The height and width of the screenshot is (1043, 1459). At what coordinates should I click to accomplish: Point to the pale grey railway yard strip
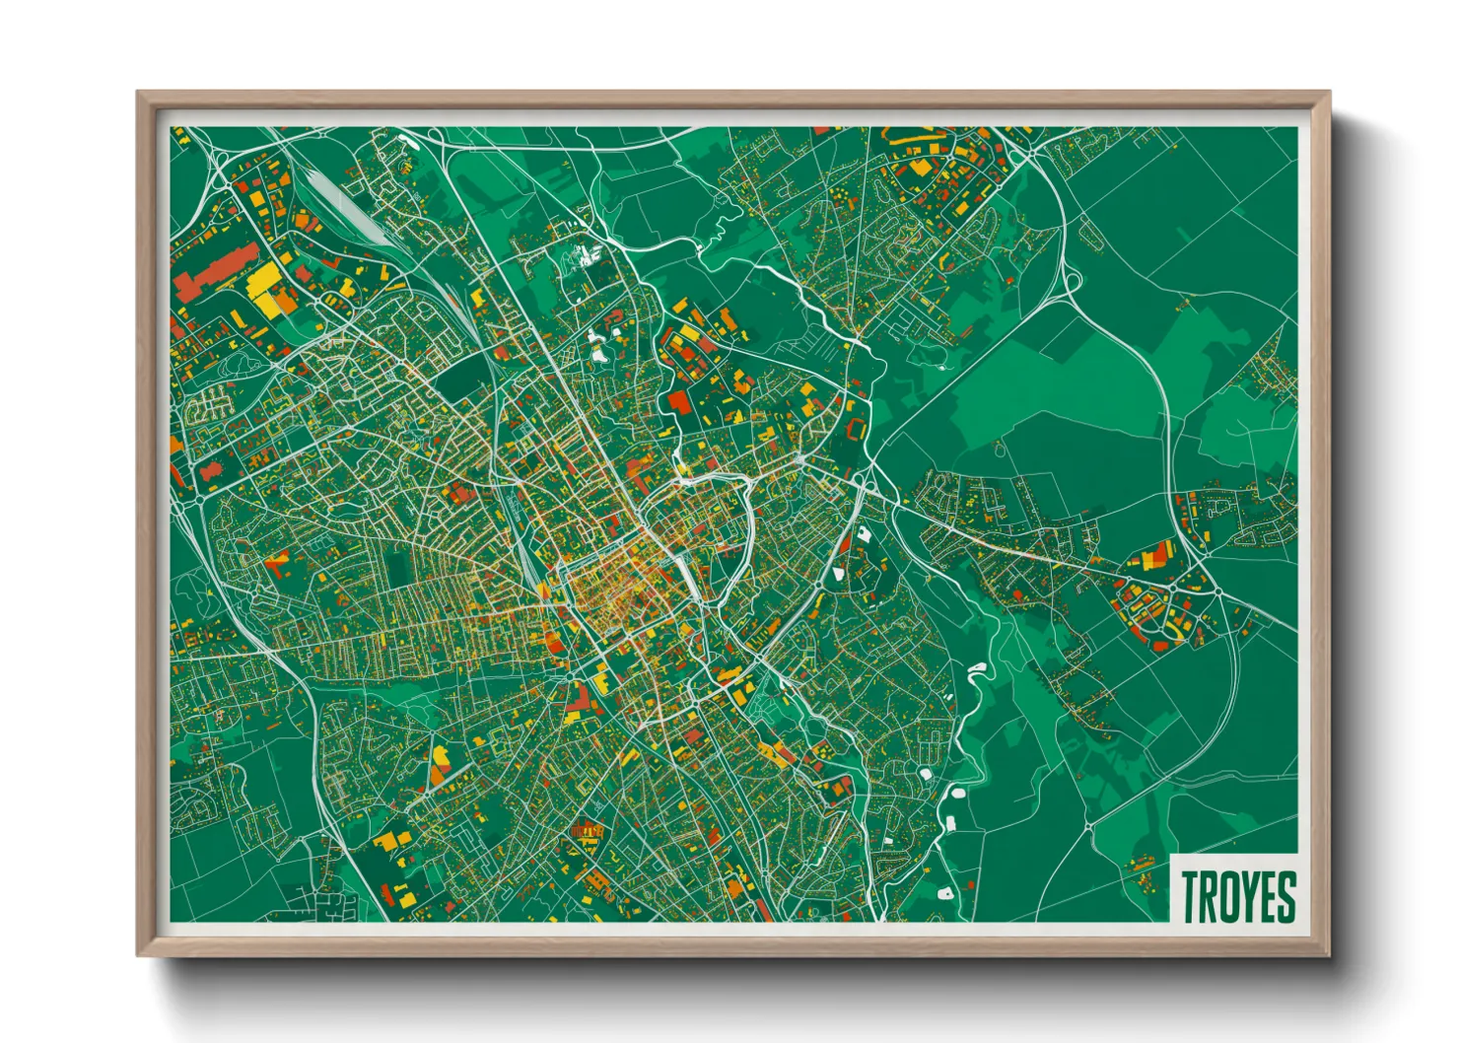click(340, 202)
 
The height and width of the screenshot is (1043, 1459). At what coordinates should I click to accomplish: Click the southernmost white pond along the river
click(944, 893)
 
